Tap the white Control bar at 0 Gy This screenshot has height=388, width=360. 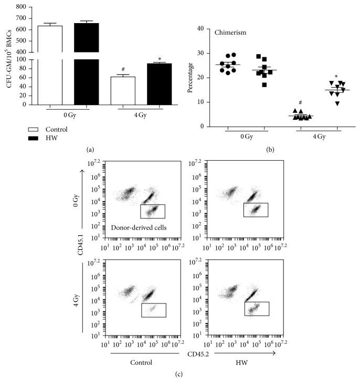coord(50,63)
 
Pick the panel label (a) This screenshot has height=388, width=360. coord(90,150)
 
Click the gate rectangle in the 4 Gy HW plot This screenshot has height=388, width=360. coord(257,309)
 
